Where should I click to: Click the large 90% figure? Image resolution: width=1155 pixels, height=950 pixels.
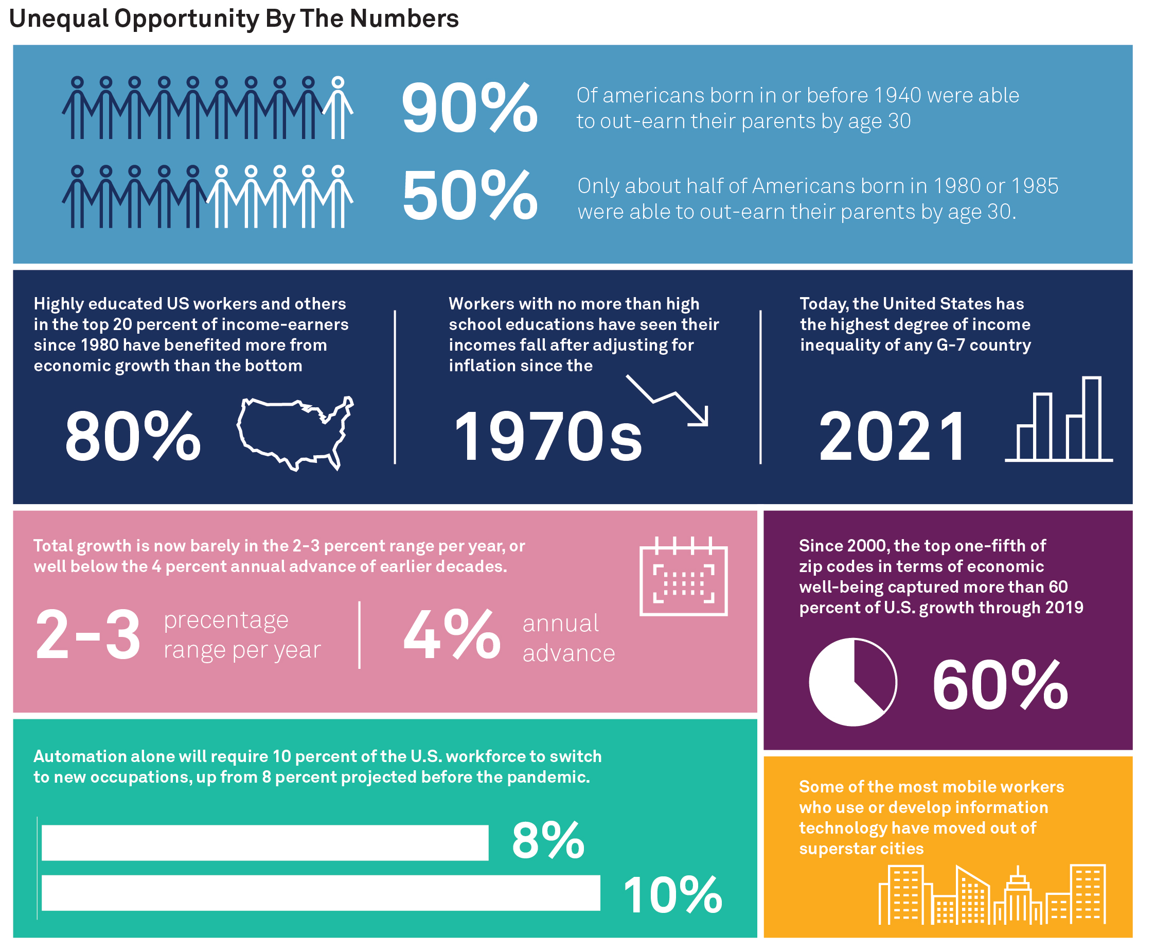[469, 108]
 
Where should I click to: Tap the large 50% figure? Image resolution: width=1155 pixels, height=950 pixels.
[469, 196]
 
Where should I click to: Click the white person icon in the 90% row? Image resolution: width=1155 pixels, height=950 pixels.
[338, 108]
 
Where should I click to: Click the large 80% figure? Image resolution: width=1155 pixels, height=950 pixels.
[133, 437]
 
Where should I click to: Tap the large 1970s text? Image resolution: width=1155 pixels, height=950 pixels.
[548, 437]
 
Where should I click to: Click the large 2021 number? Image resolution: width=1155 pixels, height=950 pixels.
[893, 437]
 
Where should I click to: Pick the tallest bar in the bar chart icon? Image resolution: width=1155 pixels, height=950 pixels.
[1092, 418]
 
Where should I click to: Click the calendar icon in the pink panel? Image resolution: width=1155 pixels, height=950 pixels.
[683, 577]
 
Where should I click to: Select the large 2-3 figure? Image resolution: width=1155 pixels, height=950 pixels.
[87, 635]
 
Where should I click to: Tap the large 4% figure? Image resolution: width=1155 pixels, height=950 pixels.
[452, 635]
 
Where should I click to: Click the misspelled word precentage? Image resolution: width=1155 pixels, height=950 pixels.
[226, 620]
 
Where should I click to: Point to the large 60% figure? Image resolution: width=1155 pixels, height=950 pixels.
[1000, 685]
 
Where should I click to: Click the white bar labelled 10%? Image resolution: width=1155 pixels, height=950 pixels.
[321, 893]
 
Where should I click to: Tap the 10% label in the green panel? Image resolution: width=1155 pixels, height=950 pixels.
[672, 895]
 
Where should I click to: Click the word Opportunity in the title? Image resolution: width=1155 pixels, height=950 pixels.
[186, 19]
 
